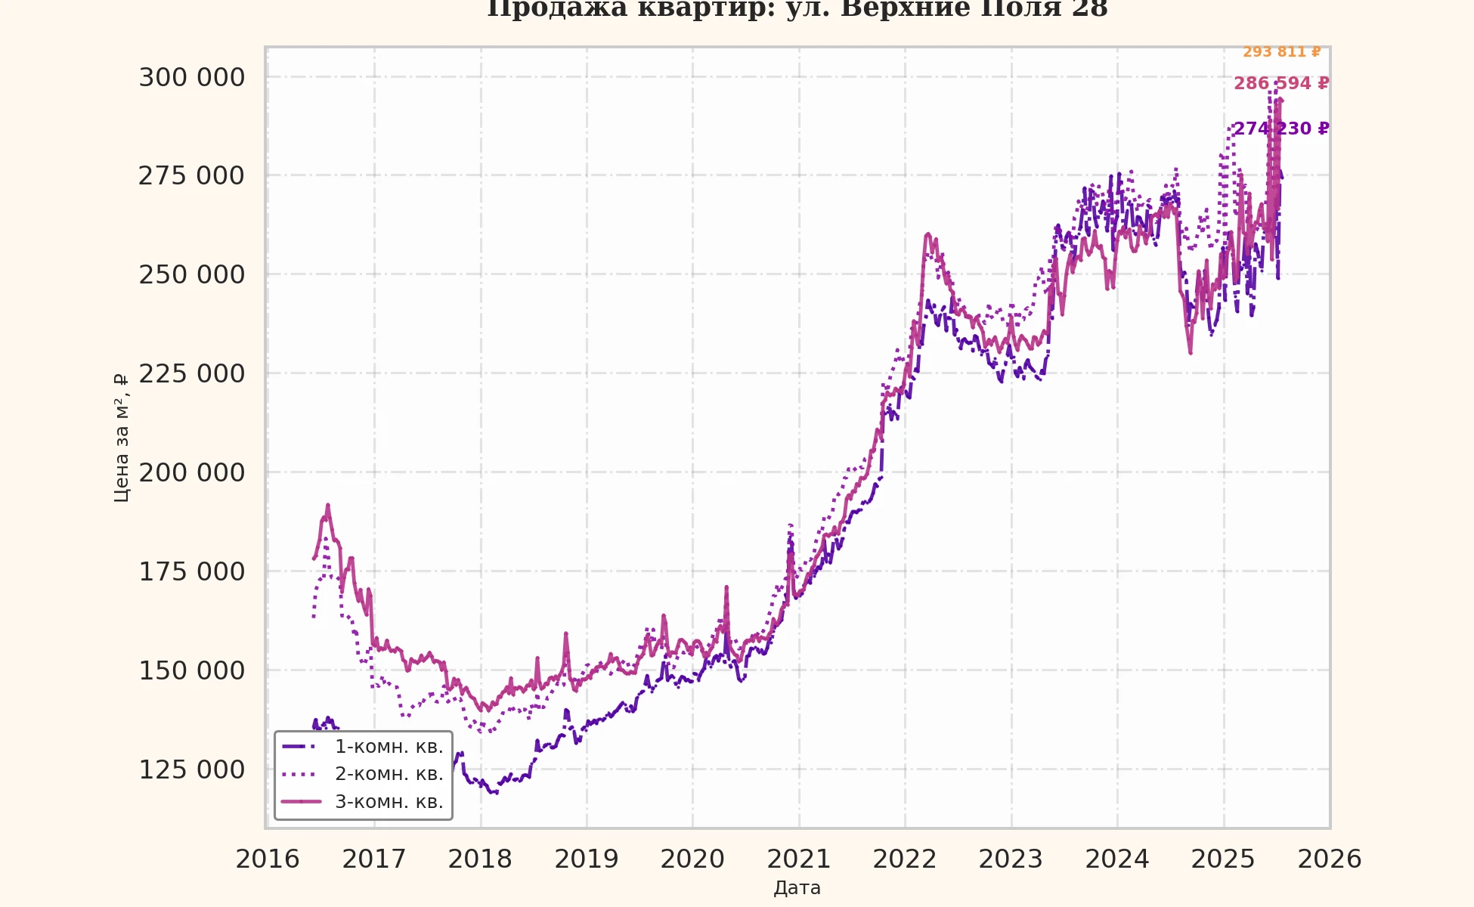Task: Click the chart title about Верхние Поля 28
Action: point(797,9)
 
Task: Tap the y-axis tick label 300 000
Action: point(191,77)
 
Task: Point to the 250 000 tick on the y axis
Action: point(191,274)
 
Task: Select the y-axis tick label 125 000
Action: point(191,769)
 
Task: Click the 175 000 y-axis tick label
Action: point(191,571)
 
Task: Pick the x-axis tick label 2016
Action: point(268,859)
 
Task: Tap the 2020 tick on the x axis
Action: point(692,859)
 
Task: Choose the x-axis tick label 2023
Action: point(1011,859)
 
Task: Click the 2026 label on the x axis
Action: point(1330,859)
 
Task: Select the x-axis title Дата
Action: point(797,888)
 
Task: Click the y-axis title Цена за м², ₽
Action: point(121,438)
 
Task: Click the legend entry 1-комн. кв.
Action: point(389,747)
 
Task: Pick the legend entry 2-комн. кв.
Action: point(389,774)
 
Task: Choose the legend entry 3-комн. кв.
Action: point(389,802)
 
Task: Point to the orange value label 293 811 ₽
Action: point(1282,52)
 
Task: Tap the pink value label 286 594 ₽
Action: point(1281,83)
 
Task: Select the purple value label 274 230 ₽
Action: point(1281,128)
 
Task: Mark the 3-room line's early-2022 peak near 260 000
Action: point(927,235)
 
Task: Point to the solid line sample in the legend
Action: point(301,801)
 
